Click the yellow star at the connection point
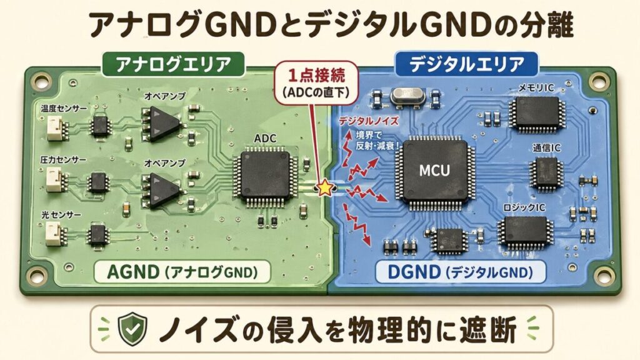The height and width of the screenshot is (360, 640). (325, 187)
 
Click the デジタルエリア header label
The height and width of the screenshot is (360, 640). (466, 63)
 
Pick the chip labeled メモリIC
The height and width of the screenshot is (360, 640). (537, 112)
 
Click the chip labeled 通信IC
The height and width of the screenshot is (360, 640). (545, 171)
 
